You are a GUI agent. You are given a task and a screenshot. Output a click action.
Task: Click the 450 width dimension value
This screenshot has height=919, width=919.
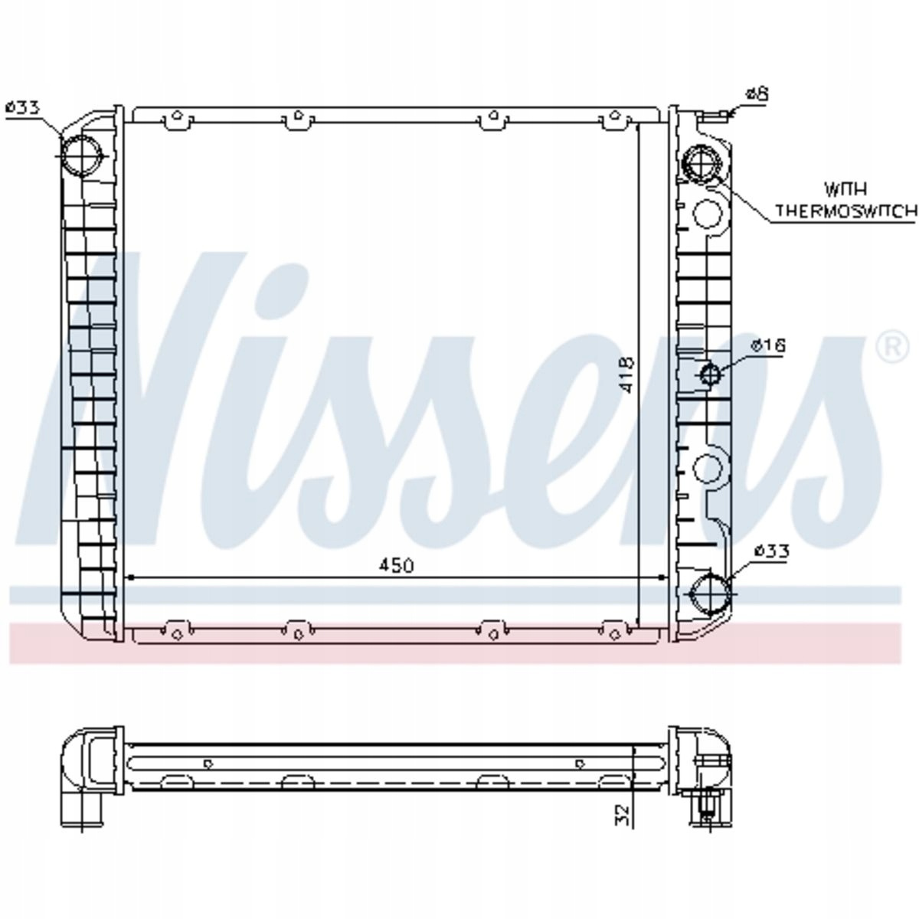click(x=396, y=566)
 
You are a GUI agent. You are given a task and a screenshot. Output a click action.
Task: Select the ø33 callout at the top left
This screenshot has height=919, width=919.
click(x=22, y=108)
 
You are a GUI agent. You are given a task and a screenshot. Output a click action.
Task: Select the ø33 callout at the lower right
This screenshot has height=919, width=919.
click(x=772, y=551)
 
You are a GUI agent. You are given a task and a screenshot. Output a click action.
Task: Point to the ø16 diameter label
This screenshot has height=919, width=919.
click(x=768, y=345)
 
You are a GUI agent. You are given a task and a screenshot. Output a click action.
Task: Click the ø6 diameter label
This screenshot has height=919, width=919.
click(x=757, y=93)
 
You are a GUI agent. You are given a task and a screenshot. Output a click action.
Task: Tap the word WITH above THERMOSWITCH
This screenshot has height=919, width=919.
click(x=845, y=189)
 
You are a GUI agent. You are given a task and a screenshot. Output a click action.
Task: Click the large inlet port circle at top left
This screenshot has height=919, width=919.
click(x=83, y=155)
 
